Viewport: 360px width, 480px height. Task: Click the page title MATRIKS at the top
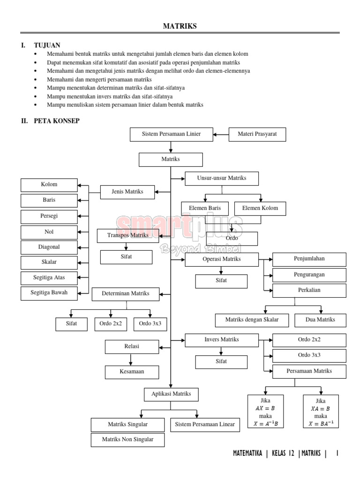click(x=180, y=27)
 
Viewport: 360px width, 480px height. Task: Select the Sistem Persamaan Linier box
click(x=171, y=134)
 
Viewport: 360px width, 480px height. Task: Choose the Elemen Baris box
click(x=205, y=208)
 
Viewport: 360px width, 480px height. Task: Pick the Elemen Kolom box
click(x=260, y=208)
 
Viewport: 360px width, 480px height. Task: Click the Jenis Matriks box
click(x=127, y=191)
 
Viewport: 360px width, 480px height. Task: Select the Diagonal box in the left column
click(x=49, y=246)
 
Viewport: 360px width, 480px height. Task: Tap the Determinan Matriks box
click(x=126, y=293)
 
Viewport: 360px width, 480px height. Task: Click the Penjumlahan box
click(x=309, y=258)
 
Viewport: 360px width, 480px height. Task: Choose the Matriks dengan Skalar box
click(x=252, y=320)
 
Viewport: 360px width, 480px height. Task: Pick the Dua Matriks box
click(x=321, y=320)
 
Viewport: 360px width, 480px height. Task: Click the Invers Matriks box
click(x=222, y=339)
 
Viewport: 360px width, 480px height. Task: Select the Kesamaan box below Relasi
click(x=131, y=372)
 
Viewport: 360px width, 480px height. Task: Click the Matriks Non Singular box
click(x=127, y=440)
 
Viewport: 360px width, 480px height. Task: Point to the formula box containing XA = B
click(x=321, y=412)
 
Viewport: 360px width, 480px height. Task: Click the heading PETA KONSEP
click(x=56, y=120)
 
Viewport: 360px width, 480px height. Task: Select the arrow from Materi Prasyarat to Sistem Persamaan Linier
click(x=221, y=135)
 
